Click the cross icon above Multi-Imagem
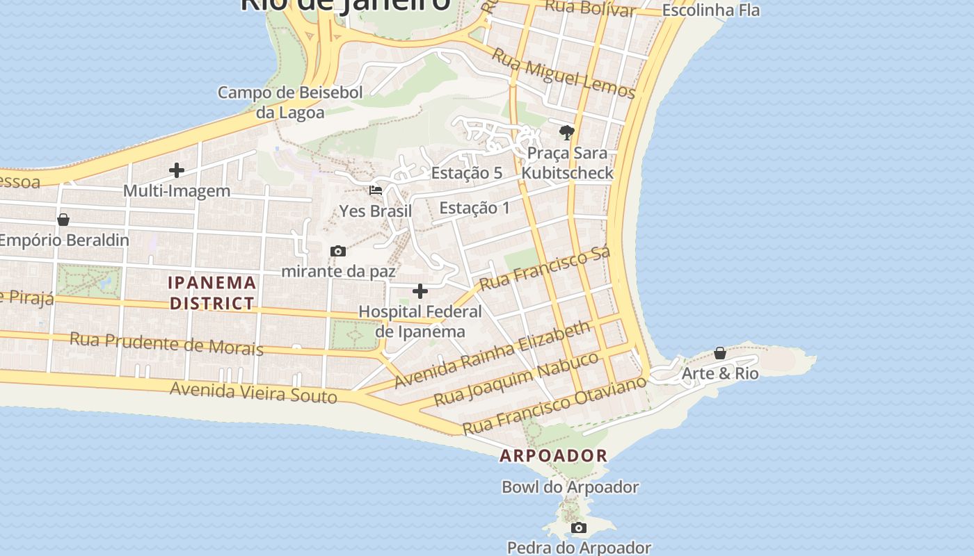(177, 170)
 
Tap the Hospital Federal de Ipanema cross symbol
(420, 291)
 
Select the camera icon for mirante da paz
(338, 251)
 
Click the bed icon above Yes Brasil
(376, 190)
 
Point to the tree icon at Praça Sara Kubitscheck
(567, 132)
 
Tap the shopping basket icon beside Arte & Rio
(720, 353)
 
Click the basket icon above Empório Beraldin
(63, 220)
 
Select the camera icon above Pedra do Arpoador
(579, 528)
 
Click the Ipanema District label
(212, 293)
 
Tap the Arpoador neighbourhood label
(554, 456)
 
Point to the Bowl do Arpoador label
(570, 487)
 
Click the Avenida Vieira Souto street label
(254, 393)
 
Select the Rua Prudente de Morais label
(167, 343)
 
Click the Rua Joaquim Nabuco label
(516, 379)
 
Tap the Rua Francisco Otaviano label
(554, 406)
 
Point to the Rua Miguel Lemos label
(564, 73)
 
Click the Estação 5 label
(467, 173)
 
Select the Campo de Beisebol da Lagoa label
(290, 102)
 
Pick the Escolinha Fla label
(710, 10)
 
